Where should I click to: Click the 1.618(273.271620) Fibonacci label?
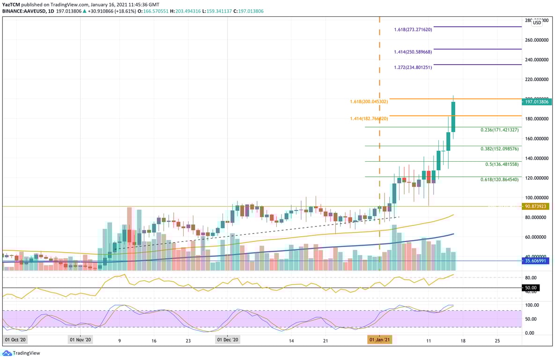(x=413, y=29)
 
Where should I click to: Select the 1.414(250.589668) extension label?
(x=413, y=52)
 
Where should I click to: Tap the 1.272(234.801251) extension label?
(x=413, y=67)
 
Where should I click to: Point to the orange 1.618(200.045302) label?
(x=369, y=101)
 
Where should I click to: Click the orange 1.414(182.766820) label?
(x=369, y=119)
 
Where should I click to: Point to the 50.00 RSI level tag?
(x=532, y=288)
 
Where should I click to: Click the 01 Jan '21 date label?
(x=379, y=339)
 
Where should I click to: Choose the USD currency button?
(x=537, y=22)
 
